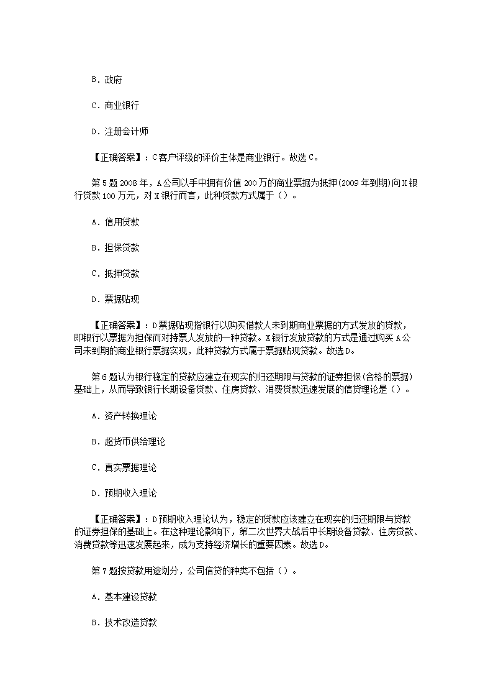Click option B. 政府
[x=106, y=80]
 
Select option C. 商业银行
[x=115, y=106]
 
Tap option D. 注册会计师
[x=119, y=131]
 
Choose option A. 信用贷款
[x=115, y=222]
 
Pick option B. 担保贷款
[x=115, y=247]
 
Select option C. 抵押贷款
[x=115, y=273]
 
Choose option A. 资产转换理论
[x=124, y=416]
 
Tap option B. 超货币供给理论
[x=128, y=442]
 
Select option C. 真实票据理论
[x=124, y=467]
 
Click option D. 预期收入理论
[x=124, y=494]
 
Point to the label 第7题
[x=102, y=571]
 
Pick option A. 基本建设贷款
[x=124, y=597]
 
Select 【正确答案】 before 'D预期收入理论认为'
[x=118, y=520]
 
